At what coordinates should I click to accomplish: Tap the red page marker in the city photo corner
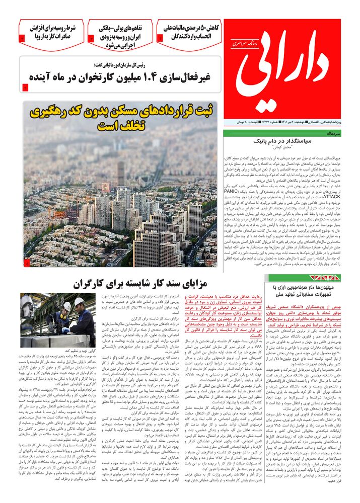[x=27, y=262]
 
